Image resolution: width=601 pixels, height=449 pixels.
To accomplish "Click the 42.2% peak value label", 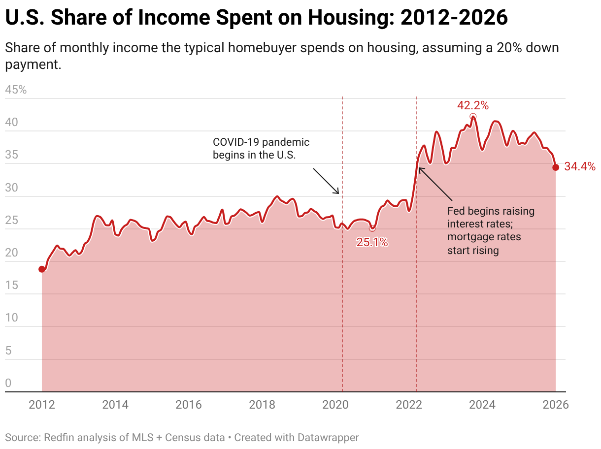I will pyautogui.click(x=472, y=105).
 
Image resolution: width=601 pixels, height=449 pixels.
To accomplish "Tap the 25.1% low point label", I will pyautogui.click(x=372, y=242).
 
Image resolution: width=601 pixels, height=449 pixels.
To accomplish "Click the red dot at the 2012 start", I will pyautogui.click(x=42, y=269).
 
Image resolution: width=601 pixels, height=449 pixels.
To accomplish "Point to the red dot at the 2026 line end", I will pyautogui.click(x=556, y=167).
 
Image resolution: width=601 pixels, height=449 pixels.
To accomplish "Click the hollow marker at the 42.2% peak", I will pyautogui.click(x=473, y=117).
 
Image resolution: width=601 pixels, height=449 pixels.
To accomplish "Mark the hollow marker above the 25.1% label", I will pyautogui.click(x=372, y=228).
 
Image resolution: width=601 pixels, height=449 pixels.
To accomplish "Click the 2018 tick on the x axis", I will pyautogui.click(x=262, y=405).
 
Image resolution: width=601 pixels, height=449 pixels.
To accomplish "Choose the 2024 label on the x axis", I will pyautogui.click(x=482, y=405).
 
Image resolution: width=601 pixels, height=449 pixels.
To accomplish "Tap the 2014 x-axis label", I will pyautogui.click(x=115, y=405).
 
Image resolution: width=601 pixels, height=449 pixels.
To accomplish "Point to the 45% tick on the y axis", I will pyautogui.click(x=16, y=90).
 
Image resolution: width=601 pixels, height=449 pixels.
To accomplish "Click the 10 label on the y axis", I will pyautogui.click(x=11, y=318).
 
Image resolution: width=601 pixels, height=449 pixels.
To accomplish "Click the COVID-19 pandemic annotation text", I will pyautogui.click(x=261, y=148).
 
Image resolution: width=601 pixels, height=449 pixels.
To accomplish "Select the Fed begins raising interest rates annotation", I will pyautogui.click(x=491, y=230).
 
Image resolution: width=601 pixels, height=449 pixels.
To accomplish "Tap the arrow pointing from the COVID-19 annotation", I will pyautogui.click(x=326, y=181).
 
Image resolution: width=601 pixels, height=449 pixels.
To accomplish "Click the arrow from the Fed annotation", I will pyautogui.click(x=435, y=184).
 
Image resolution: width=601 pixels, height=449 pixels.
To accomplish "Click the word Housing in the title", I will pyautogui.click(x=348, y=18).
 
